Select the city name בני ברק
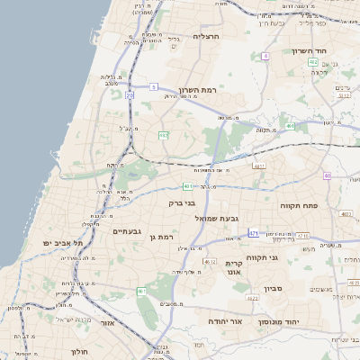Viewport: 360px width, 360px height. pos(182,203)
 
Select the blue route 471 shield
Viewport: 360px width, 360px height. pos(254,232)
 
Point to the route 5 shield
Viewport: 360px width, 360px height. pos(154,86)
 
